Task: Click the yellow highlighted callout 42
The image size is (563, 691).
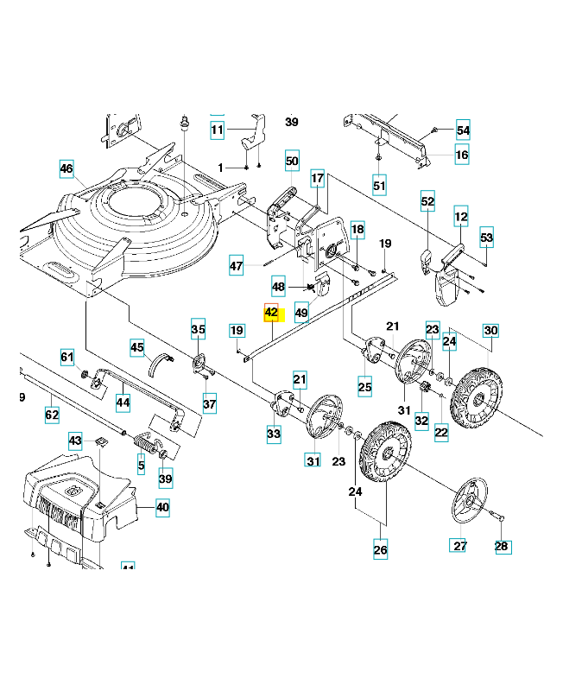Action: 271,312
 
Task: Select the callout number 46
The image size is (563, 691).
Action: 67,169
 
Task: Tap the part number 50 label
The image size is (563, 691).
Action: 291,161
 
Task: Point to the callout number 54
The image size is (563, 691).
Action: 463,130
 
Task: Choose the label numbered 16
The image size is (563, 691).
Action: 462,155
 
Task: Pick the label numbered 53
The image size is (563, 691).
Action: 486,237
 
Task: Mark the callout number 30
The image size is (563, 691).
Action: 490,331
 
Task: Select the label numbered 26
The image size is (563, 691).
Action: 380,549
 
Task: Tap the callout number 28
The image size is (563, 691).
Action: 503,546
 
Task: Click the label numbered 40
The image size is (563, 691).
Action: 162,508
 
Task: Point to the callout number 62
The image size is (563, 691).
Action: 52,415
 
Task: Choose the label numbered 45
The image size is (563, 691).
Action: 136,347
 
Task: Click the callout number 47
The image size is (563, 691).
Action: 237,266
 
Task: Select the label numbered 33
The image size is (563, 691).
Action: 274,433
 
